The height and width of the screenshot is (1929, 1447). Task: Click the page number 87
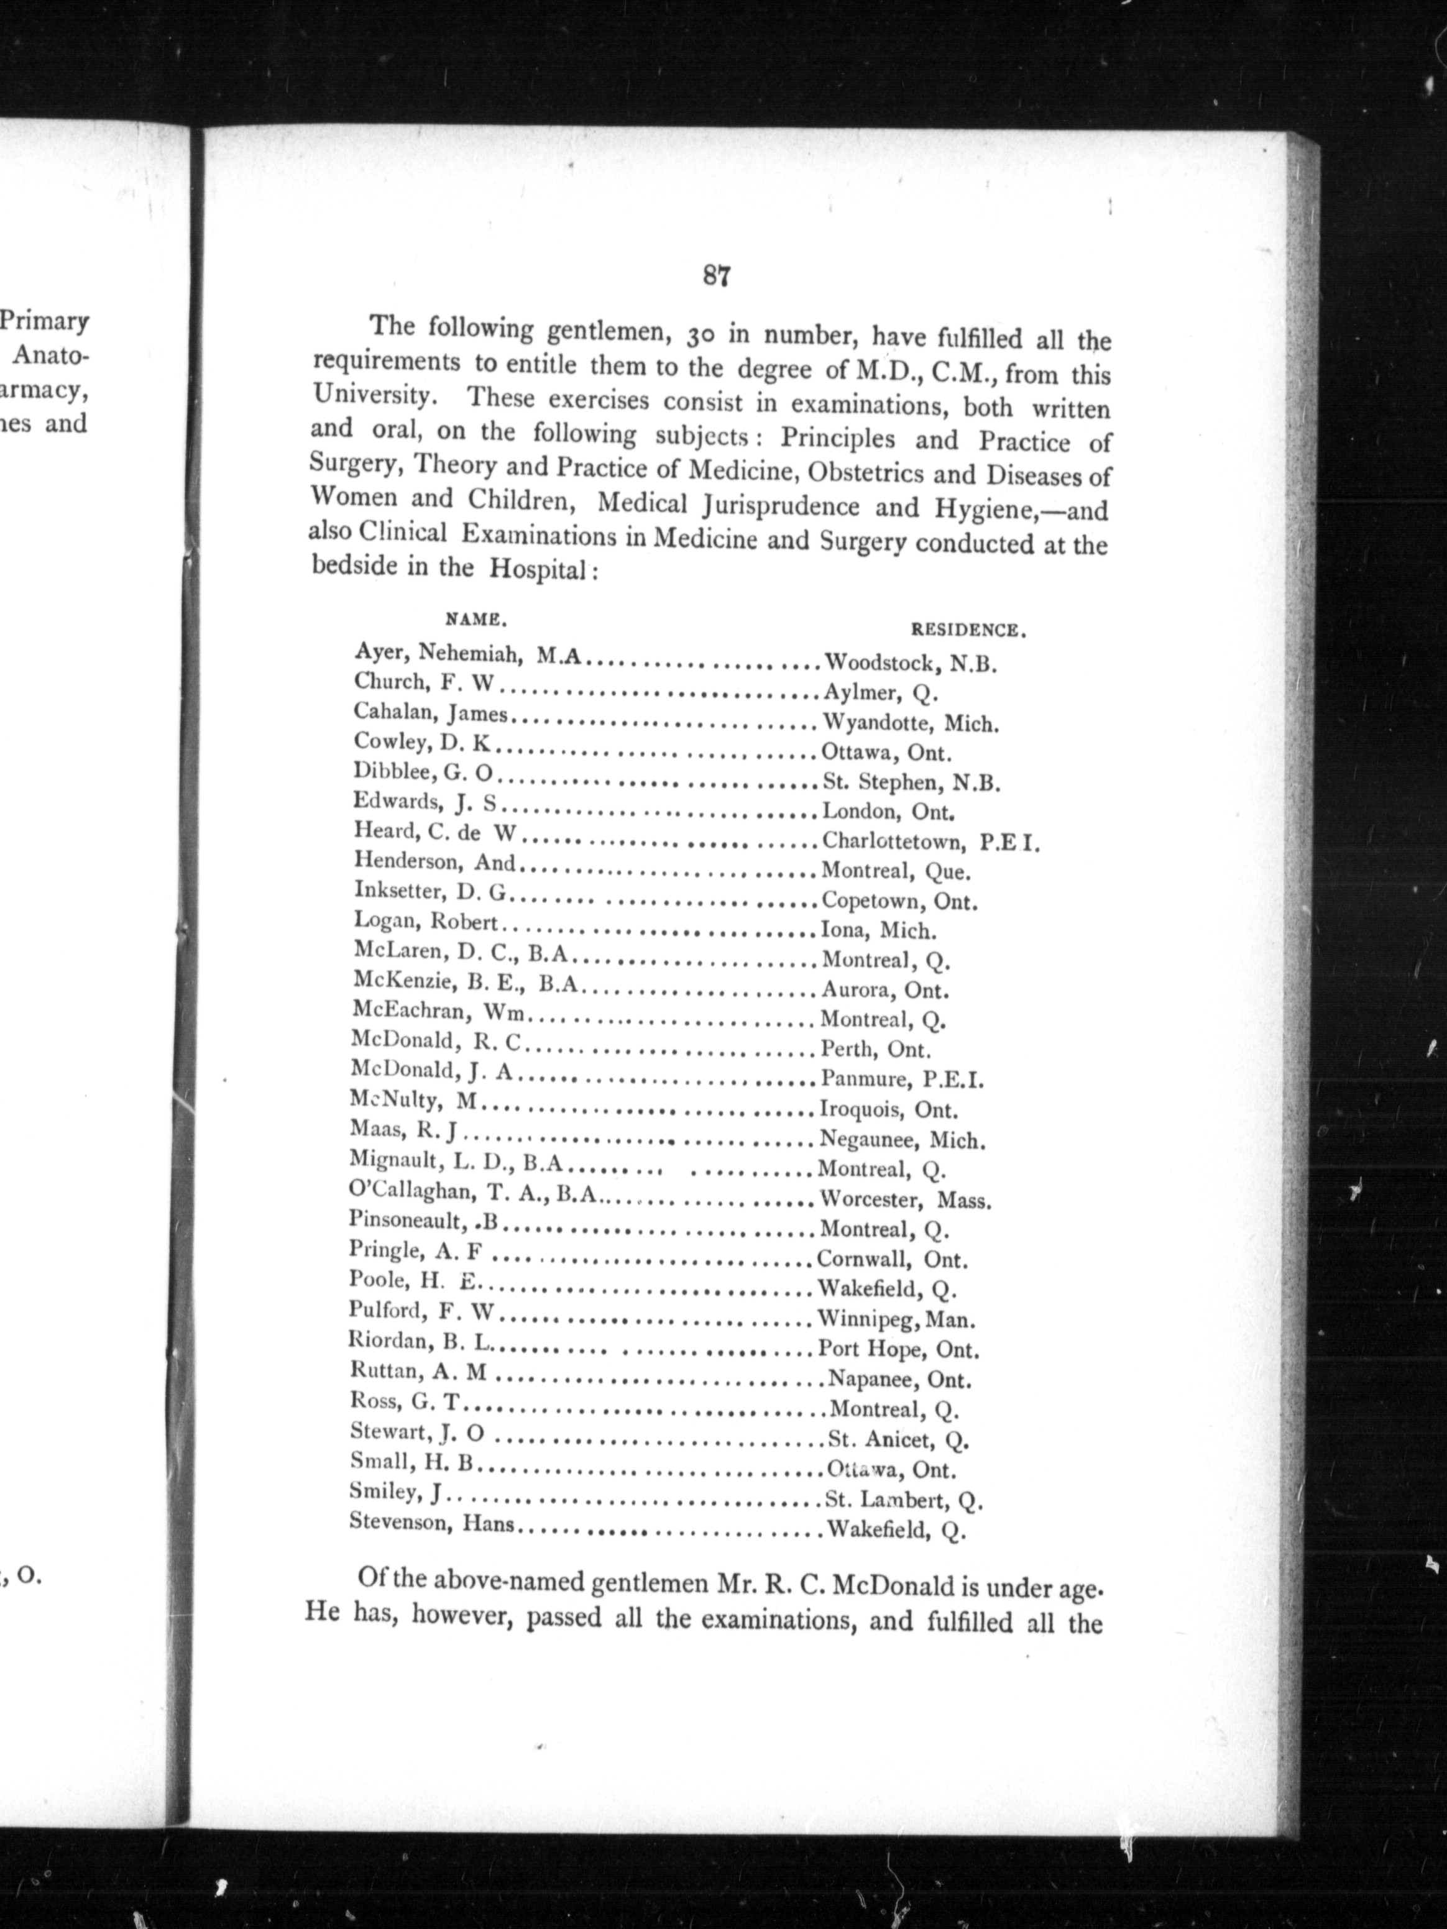(x=715, y=277)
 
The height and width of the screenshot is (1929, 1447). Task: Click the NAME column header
(x=476, y=621)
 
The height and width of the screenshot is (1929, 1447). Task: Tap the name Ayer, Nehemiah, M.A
(x=467, y=654)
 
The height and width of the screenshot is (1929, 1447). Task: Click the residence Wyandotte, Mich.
(x=911, y=723)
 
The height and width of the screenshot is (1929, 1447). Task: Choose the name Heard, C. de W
(x=436, y=834)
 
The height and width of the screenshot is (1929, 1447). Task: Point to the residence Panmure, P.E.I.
(x=902, y=1079)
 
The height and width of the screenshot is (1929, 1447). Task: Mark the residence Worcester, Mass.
(x=906, y=1200)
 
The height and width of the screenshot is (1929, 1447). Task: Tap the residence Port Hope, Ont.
(x=898, y=1349)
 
